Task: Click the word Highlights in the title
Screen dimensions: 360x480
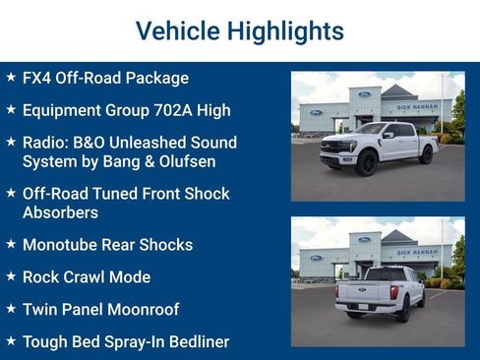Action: point(285,30)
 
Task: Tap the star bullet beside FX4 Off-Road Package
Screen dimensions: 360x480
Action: point(11,77)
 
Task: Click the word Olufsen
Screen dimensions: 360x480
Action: point(181,161)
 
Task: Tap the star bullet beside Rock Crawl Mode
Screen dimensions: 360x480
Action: point(11,276)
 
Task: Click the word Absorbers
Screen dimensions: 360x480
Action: point(62,212)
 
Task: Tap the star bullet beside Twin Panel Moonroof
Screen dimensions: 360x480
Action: point(11,309)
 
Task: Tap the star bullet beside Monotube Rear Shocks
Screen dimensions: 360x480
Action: point(11,244)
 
